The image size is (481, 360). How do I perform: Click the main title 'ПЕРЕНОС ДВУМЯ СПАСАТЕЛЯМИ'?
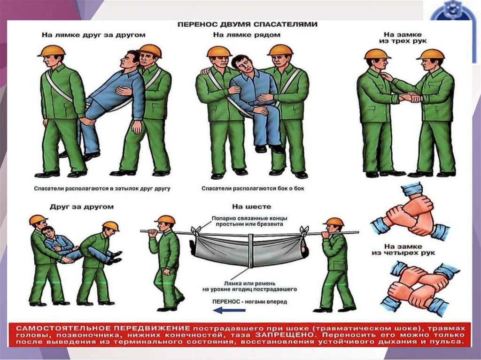(247, 24)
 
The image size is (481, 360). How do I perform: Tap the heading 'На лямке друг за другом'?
(93, 35)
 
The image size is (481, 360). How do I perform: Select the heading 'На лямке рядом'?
(247, 35)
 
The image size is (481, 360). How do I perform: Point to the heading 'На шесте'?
(252, 207)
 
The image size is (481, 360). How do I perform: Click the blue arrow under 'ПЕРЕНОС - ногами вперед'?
(229, 310)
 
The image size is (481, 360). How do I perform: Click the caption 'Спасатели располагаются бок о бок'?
(253, 188)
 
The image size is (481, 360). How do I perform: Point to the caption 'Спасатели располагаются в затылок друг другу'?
(102, 189)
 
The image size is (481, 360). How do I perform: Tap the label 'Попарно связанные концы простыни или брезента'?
(249, 221)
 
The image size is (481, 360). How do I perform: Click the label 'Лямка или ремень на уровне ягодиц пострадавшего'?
(249, 286)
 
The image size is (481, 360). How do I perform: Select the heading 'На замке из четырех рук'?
(403, 250)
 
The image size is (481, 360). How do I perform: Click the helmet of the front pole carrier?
(165, 219)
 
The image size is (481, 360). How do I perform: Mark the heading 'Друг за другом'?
(82, 207)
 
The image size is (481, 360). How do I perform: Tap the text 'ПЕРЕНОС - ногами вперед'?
(250, 302)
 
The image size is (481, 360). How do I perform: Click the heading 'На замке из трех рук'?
(403, 38)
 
